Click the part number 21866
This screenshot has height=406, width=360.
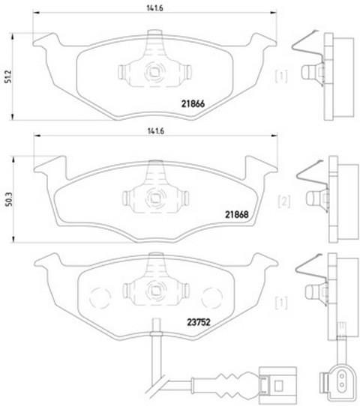(x=193, y=103)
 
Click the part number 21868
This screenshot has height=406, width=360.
(x=237, y=214)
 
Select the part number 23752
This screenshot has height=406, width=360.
(x=199, y=322)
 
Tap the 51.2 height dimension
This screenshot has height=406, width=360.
(x=8, y=76)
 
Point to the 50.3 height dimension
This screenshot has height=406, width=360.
(x=9, y=199)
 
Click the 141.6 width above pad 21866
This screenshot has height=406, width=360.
(x=155, y=8)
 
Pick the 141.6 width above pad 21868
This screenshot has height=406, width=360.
(x=156, y=131)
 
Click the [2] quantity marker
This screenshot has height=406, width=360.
(x=284, y=202)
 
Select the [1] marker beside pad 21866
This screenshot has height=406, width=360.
(x=281, y=76)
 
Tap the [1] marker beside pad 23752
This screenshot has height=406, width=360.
(x=281, y=303)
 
